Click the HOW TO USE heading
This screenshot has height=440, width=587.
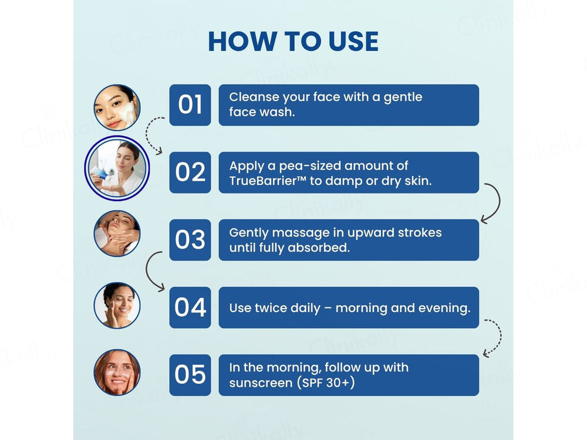(293, 41)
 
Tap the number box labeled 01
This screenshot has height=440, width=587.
(190, 105)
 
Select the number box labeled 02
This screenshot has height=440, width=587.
(190, 172)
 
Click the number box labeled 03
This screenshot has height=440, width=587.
(190, 240)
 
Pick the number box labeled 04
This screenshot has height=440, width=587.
(190, 307)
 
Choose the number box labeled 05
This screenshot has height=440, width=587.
(190, 375)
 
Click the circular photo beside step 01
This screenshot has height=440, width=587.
(117, 107)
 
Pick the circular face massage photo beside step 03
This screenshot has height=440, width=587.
(117, 233)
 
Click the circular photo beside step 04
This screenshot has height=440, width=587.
(117, 305)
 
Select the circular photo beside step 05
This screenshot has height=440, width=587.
(117, 373)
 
